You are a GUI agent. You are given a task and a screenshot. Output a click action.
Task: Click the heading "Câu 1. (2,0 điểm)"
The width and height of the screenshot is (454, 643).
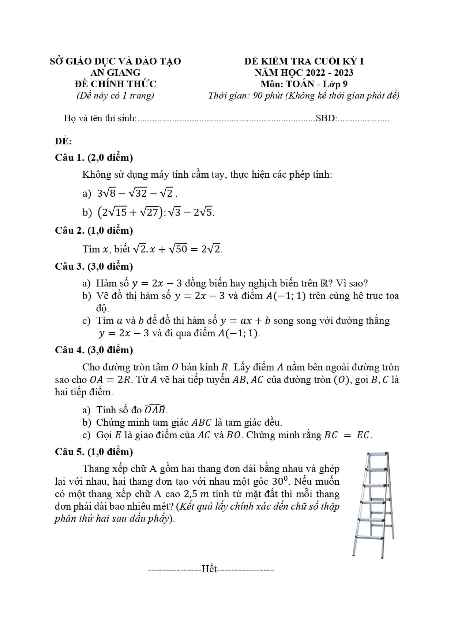pos(94,158)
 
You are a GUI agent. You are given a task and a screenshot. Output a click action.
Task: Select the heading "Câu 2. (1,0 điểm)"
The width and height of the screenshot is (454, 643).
pos(94,231)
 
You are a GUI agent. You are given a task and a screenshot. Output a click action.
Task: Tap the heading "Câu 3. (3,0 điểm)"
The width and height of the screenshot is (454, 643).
pos(94,266)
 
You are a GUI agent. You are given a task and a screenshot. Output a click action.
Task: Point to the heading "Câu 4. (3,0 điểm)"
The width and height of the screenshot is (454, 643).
pos(94,350)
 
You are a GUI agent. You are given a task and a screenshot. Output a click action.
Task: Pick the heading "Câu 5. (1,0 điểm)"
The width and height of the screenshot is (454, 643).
pos(94,452)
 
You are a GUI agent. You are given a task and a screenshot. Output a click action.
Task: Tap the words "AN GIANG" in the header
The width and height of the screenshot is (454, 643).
pos(115,73)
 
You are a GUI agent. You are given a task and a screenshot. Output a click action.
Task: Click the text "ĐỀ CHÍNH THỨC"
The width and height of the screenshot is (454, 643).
pos(115,84)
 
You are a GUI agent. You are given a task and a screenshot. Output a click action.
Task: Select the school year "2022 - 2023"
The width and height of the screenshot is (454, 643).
pos(330,73)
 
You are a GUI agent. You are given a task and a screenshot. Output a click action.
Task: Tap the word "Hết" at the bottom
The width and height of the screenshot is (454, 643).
pos(209,569)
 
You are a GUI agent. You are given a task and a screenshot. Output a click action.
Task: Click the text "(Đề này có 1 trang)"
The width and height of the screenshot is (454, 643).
pos(115,96)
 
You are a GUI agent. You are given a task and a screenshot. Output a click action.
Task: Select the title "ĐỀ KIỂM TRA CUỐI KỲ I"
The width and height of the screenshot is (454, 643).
pos(304,61)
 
